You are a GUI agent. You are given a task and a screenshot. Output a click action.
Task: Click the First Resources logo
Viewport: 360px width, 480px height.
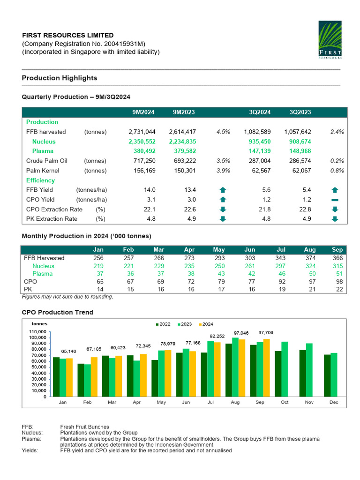pos(330,40)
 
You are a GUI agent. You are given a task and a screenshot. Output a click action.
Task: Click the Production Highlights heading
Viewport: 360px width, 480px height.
pos(60,78)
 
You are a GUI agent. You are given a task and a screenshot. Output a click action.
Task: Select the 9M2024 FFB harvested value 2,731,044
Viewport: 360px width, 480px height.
pos(142,132)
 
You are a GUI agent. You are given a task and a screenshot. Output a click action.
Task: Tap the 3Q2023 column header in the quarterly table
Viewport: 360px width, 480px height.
pos(300,112)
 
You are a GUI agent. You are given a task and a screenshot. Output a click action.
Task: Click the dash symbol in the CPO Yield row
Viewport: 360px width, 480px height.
pos(335,200)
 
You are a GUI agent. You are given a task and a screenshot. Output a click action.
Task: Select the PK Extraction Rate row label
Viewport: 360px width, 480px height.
pos(52,219)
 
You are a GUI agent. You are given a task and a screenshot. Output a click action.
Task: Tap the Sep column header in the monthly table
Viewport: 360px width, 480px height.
pos(337,250)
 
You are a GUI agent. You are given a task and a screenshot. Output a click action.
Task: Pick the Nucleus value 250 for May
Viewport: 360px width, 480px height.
pos(219,266)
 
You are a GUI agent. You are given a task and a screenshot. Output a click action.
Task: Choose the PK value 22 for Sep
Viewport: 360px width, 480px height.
pos(339,290)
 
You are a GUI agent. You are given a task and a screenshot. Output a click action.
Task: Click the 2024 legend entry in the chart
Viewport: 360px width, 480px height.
pos(205,324)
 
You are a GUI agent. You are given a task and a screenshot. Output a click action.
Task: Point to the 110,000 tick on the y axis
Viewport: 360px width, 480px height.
pos(38,331)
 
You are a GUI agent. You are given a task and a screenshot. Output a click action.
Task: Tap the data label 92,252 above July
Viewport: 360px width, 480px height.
pos(217,336)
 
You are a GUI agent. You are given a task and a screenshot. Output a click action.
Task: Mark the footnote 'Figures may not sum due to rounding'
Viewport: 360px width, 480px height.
pos(67,297)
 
